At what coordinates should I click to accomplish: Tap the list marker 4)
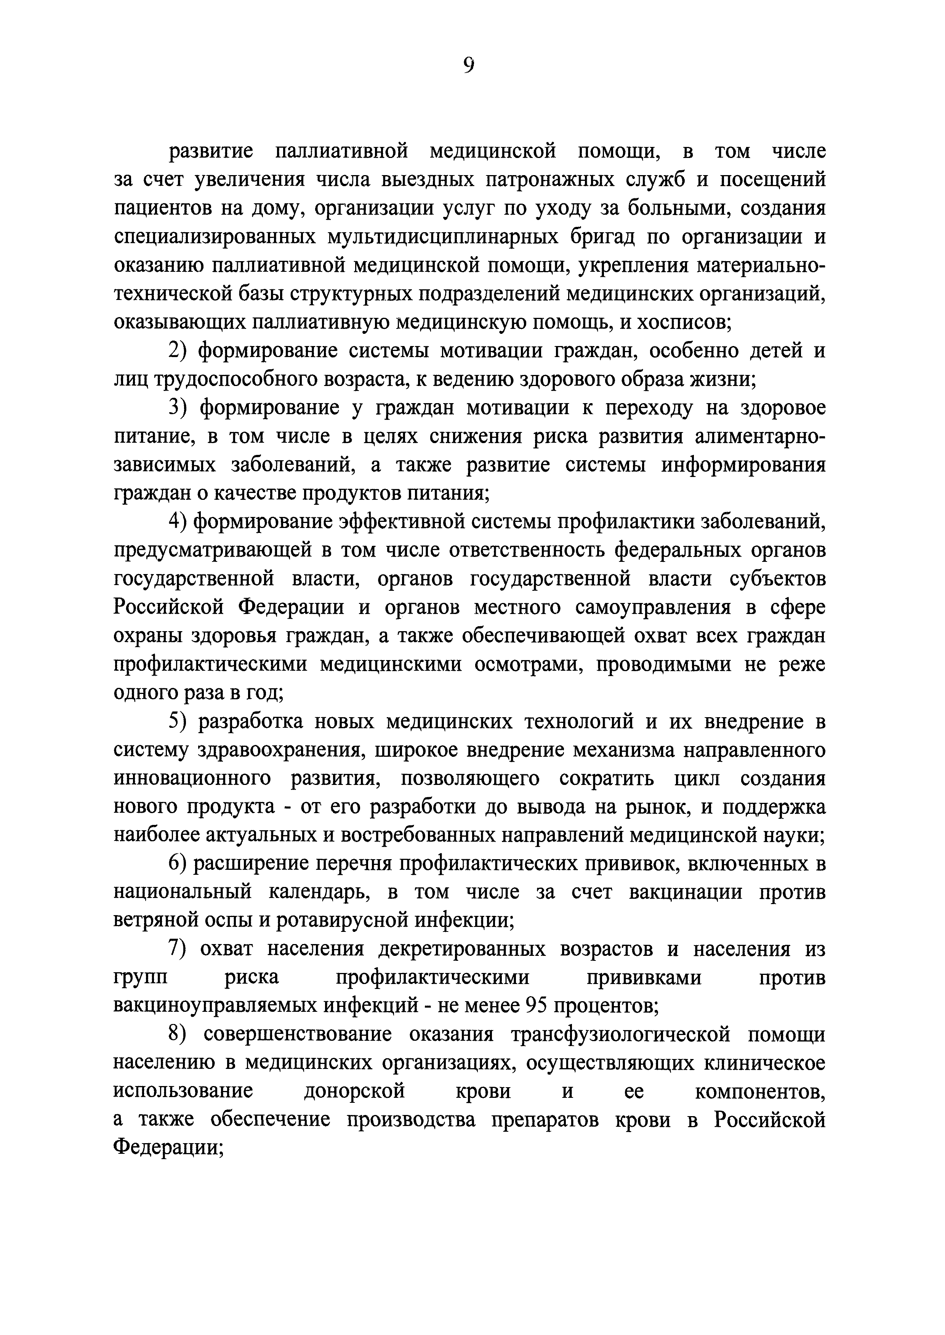tap(178, 522)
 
